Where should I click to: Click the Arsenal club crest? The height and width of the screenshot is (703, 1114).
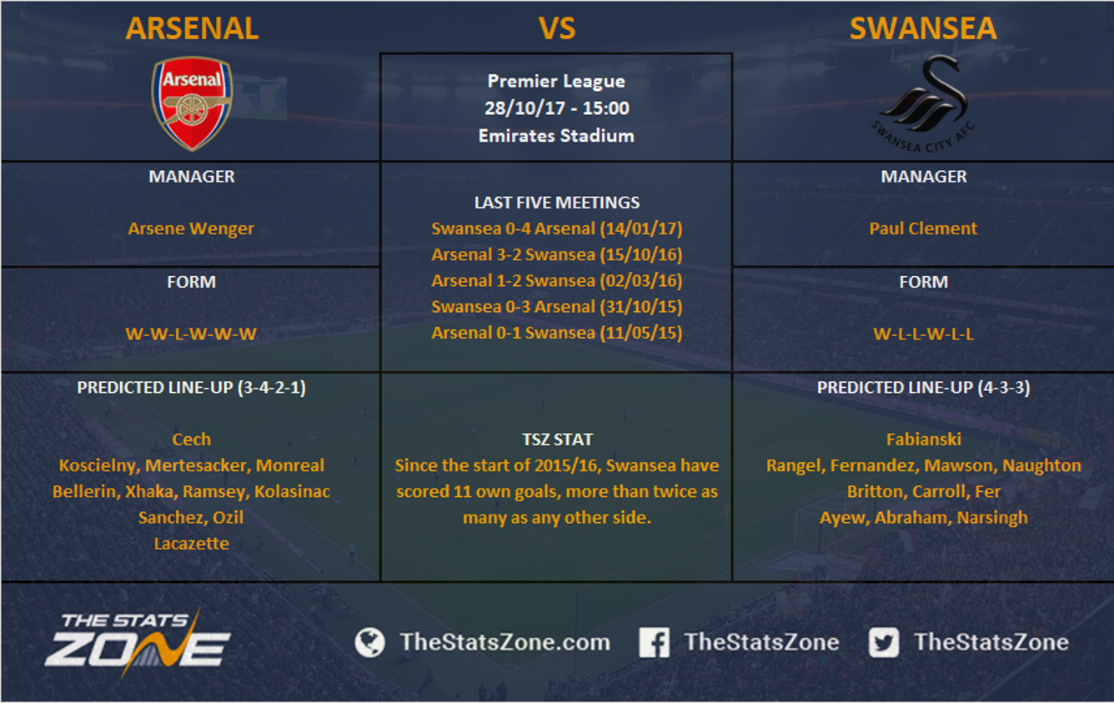[x=192, y=103]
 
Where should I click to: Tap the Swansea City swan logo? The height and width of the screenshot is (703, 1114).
[x=923, y=103]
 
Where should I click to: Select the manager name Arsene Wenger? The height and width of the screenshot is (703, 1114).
[x=191, y=228]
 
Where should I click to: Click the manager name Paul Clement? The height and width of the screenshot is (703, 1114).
[x=923, y=228]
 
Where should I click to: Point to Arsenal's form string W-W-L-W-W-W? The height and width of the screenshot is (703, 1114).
[x=191, y=334]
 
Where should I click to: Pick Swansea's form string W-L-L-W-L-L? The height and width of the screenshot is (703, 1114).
[x=924, y=334]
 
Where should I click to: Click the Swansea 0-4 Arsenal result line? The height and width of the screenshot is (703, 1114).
[x=557, y=228]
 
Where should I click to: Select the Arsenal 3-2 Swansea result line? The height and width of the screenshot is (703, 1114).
[x=557, y=254]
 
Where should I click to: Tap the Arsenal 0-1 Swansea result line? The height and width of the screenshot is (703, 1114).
[x=557, y=333]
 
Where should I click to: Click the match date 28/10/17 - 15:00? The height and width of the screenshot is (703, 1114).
[x=557, y=108]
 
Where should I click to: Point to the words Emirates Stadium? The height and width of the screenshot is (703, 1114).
[x=556, y=135]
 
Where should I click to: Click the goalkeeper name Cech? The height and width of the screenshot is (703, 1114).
[x=192, y=439]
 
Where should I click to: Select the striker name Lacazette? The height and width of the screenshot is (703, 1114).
[x=192, y=543]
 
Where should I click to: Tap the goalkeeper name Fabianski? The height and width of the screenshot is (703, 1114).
[x=924, y=439]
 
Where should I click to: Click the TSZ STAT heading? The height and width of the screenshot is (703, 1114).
[x=557, y=439]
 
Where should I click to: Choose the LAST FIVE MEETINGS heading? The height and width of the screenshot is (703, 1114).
[x=557, y=203]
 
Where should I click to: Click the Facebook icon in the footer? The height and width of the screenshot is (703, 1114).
[x=654, y=642]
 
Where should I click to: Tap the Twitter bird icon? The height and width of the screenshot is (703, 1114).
[x=884, y=642]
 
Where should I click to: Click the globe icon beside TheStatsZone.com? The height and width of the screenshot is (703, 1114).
[x=369, y=642]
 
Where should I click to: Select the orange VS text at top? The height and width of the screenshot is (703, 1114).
[x=557, y=28]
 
